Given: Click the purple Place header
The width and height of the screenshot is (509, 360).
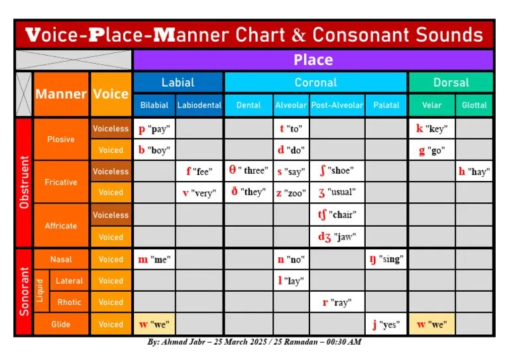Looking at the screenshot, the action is point(313,60).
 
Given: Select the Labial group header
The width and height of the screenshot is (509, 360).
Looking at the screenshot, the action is point(178,82).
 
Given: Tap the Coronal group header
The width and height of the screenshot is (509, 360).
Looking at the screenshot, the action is point(315,82).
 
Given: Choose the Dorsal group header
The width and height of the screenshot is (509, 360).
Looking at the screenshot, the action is point(451,82).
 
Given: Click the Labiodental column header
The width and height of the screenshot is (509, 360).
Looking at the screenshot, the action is point(199,105).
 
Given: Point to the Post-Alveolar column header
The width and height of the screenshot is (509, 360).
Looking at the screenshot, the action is point(337,105).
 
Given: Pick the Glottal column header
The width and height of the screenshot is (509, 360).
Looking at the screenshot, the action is point(475,105).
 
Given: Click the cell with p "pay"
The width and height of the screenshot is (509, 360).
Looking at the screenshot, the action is point(154,129).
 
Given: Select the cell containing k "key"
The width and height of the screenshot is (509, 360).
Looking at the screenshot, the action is point(431,129).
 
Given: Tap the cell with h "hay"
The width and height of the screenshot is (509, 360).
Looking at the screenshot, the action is point(475,171).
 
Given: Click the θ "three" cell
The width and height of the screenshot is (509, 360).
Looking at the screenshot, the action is point(249,171).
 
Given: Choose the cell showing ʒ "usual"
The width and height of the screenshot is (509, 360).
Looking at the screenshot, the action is point(337,192).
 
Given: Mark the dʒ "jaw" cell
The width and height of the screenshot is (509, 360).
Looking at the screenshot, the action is point(337,237).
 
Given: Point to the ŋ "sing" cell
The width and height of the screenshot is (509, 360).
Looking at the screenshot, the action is point(386,259).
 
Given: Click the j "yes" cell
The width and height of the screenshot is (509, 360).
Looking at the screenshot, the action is point(386,324).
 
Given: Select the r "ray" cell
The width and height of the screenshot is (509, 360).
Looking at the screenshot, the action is point(337,302).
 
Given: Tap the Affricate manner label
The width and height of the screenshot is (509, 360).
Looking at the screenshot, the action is point(61,225).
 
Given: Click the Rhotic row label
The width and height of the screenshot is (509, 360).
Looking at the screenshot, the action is point(69,302).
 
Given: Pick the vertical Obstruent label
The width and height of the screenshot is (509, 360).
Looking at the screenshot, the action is point(24,182).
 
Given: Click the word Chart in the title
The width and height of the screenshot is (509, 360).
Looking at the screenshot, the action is point(260,34).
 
